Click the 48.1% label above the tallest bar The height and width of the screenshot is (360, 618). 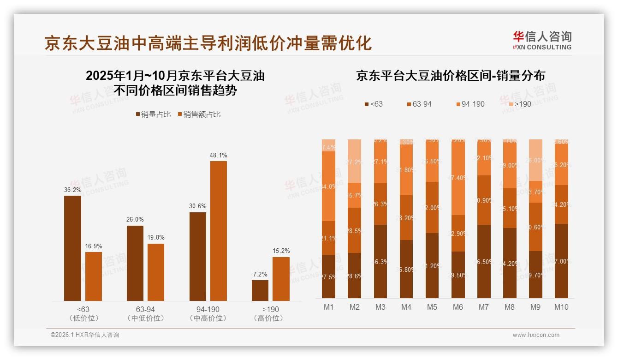click(x=218, y=156)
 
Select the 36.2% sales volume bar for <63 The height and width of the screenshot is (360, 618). click(x=72, y=248)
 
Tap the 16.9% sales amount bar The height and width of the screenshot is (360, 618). click(x=94, y=276)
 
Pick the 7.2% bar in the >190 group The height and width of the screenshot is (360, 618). click(x=260, y=290)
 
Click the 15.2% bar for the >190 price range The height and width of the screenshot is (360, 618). click(x=281, y=279)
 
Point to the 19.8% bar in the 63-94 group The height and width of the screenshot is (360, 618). click(x=156, y=272)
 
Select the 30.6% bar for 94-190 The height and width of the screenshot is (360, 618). click(x=198, y=257)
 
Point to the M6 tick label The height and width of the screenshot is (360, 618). click(x=458, y=307)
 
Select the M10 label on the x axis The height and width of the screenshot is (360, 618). click(x=561, y=307)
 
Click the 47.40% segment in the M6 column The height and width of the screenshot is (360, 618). click(x=458, y=177)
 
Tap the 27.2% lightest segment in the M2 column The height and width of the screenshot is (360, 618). click(x=354, y=161)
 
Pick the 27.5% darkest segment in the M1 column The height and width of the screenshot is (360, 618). click(x=328, y=276)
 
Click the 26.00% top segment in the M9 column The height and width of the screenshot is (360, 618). click(x=535, y=160)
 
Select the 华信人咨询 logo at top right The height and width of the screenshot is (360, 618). click(x=542, y=40)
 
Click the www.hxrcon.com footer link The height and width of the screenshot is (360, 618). click(x=536, y=335)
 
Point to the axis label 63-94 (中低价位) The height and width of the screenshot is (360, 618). click(x=145, y=314)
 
